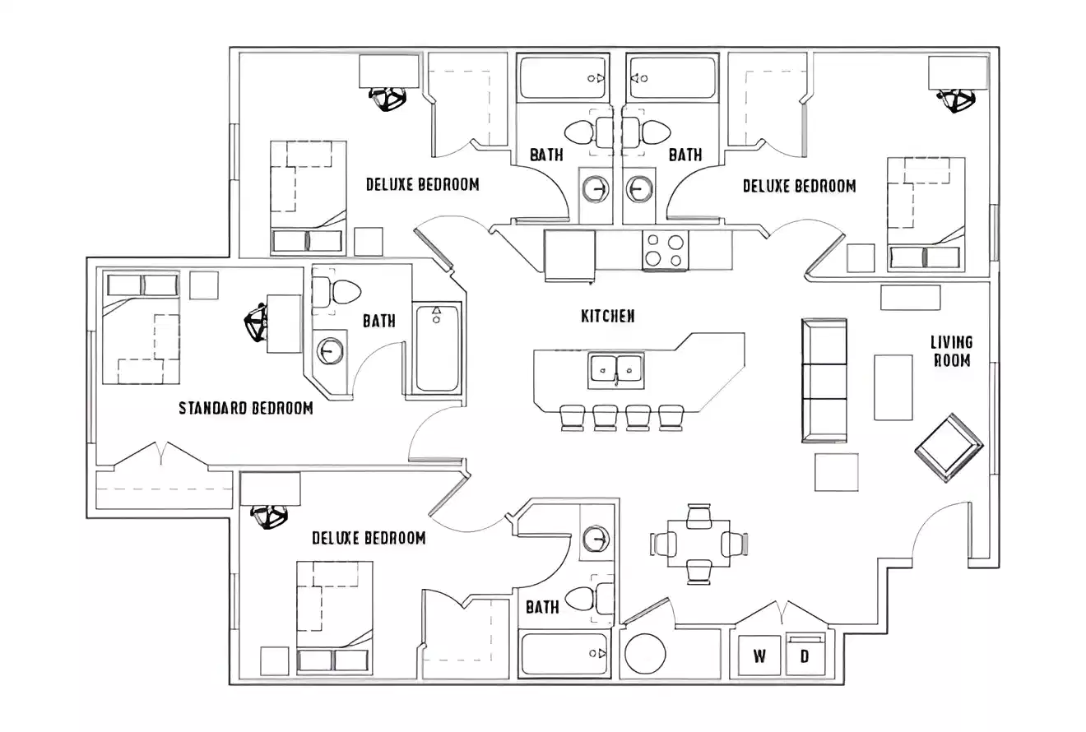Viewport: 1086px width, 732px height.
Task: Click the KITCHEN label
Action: tap(608, 316)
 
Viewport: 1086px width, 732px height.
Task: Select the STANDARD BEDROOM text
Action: tap(246, 408)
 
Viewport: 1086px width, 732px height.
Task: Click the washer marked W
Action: tap(759, 656)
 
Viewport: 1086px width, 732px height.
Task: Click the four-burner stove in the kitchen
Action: tap(665, 250)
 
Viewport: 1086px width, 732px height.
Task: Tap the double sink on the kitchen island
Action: tap(616, 370)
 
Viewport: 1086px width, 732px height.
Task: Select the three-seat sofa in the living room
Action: tap(824, 381)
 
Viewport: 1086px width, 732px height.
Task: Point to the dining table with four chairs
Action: tap(698, 544)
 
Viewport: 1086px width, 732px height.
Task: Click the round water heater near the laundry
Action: tap(645, 655)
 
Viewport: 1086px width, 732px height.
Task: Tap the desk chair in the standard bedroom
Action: tap(257, 323)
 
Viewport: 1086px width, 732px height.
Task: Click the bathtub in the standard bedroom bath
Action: tap(436, 349)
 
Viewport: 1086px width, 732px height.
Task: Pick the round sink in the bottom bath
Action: tap(595, 540)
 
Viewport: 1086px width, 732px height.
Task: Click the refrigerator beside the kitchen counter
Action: tap(569, 255)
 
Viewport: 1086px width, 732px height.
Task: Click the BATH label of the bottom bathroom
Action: tap(542, 608)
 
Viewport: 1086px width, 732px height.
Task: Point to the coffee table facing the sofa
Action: tap(893, 387)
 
